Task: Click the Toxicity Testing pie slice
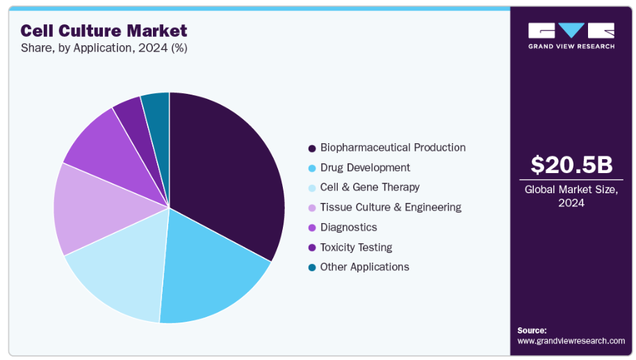[132, 111]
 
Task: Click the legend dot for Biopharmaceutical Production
[312, 148]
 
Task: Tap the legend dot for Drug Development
[312, 168]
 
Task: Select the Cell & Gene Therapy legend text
[370, 188]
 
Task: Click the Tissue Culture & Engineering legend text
[390, 207]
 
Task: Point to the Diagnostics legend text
[348, 227]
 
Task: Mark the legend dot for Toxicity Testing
[312, 247]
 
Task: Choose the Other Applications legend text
[364, 267]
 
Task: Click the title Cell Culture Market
[104, 31]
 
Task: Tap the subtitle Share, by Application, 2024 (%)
[104, 48]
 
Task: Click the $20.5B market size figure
[571, 165]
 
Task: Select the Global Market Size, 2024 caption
[571, 196]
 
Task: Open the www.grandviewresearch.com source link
[571, 341]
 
